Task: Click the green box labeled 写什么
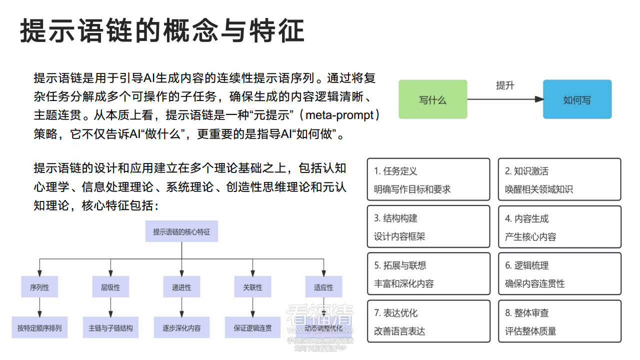click(x=432, y=99)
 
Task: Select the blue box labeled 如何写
click(x=577, y=99)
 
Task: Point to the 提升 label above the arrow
click(x=505, y=85)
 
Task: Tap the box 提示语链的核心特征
click(x=181, y=232)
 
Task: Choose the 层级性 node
click(x=110, y=287)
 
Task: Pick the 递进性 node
click(x=181, y=287)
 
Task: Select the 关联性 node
click(x=252, y=287)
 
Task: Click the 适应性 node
click(x=323, y=287)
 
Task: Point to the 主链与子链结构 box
click(x=110, y=328)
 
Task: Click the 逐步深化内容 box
click(x=181, y=328)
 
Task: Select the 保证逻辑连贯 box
click(x=252, y=328)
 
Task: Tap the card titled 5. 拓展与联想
click(x=428, y=274)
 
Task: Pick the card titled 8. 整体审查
click(x=559, y=321)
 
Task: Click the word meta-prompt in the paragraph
click(x=340, y=115)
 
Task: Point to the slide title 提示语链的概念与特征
click(x=162, y=31)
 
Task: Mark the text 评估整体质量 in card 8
click(x=530, y=331)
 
